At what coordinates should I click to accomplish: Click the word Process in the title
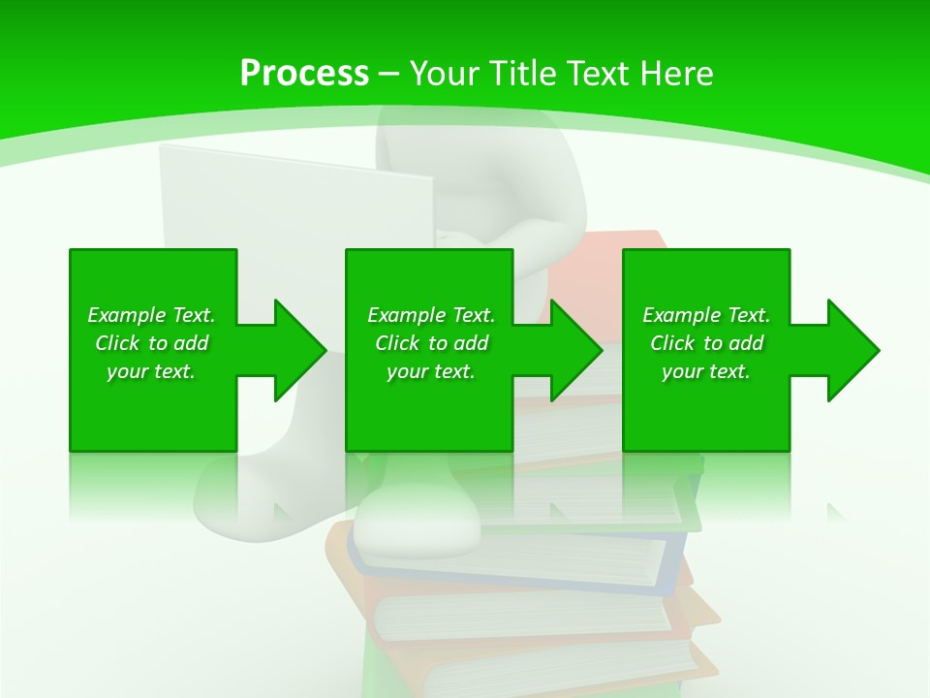tap(304, 74)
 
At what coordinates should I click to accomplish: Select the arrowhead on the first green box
tap(298, 350)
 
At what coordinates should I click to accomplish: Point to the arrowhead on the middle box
tap(575, 350)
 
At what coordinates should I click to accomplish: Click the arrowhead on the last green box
tap(852, 350)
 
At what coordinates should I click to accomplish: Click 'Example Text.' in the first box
tap(151, 315)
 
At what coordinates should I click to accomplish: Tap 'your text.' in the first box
tap(151, 371)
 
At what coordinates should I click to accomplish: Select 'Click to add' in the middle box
tap(431, 343)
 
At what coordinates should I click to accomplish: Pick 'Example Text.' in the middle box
tap(431, 315)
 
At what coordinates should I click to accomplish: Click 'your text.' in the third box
tap(706, 371)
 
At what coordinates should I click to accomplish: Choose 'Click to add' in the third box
tap(706, 343)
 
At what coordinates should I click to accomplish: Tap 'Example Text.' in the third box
tap(706, 315)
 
